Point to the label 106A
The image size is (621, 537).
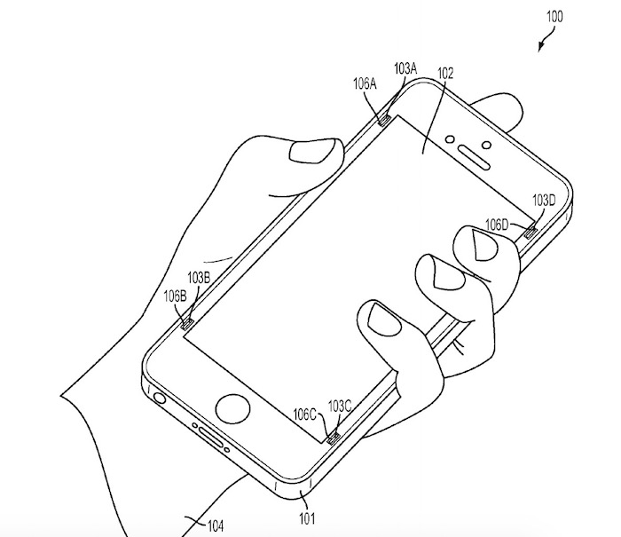point(365,84)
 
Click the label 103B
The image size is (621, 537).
point(199,278)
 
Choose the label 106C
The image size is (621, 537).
point(307,413)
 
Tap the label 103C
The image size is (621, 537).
point(342,407)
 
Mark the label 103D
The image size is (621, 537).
point(544,201)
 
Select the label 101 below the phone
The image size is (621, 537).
point(305,517)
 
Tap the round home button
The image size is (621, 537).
point(232,408)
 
